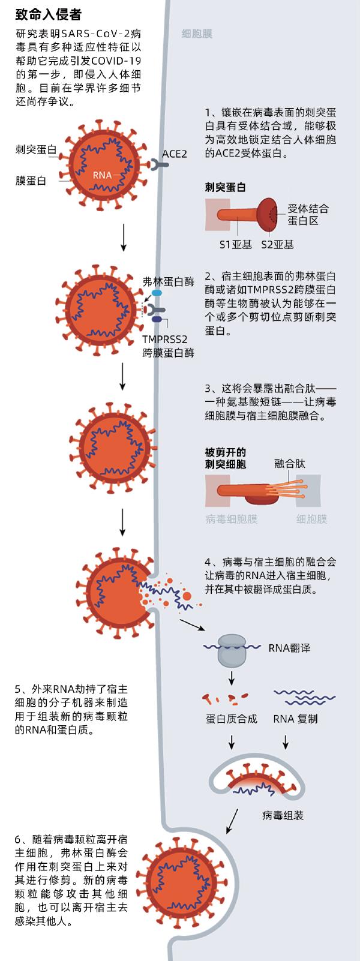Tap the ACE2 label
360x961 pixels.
pos(175,154)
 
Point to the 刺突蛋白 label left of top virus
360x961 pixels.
pos(36,150)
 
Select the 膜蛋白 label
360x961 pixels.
pos(31,180)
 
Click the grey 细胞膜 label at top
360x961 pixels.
pos(197,34)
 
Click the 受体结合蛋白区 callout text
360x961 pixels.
pos(308,215)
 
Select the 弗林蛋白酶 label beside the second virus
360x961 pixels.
pos(169,281)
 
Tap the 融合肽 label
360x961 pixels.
pos(290,464)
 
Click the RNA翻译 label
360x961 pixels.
pos(289,648)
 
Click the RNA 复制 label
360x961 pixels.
pos(295,719)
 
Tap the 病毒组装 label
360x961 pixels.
pos(283,815)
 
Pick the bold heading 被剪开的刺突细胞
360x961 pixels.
pos(226,458)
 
